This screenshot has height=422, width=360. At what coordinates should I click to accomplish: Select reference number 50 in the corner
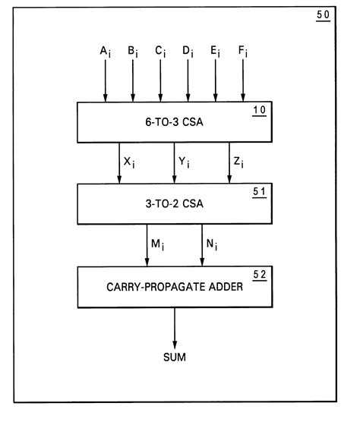click(324, 16)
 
